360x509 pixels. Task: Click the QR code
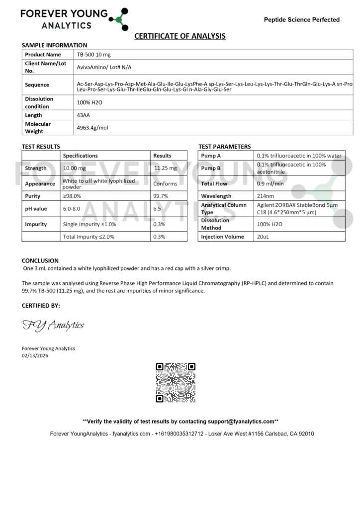176,383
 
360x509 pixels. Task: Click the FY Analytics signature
53,326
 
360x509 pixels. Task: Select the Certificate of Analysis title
180,36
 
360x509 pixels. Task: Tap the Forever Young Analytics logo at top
74,19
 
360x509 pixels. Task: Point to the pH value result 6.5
157,209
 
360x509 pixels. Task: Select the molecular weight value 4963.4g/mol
92,128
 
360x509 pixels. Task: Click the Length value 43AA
84,115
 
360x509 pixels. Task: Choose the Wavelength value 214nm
265,196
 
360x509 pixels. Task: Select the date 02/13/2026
35,356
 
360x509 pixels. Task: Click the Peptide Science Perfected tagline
301,20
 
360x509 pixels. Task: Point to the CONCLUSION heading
40,260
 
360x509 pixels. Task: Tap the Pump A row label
211,156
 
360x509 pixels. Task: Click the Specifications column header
81,156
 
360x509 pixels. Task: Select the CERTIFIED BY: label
41,305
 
